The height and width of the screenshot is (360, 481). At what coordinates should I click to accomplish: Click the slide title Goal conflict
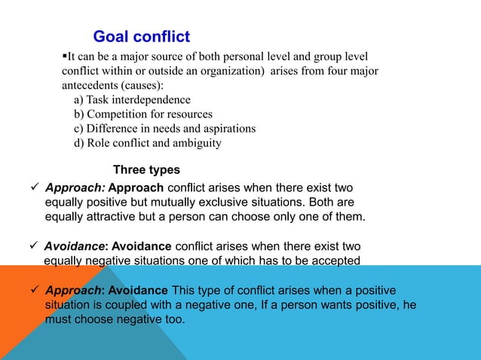(x=141, y=36)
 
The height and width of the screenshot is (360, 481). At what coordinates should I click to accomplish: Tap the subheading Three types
(x=146, y=169)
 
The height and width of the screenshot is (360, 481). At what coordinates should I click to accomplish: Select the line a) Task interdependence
(x=132, y=100)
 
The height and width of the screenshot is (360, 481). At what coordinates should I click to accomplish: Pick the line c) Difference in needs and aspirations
(x=164, y=129)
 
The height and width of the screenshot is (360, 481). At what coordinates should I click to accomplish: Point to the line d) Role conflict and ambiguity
(x=147, y=143)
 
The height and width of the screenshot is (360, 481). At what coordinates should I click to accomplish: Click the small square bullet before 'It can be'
(x=65, y=56)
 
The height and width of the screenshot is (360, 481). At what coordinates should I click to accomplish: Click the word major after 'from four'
(x=360, y=72)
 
